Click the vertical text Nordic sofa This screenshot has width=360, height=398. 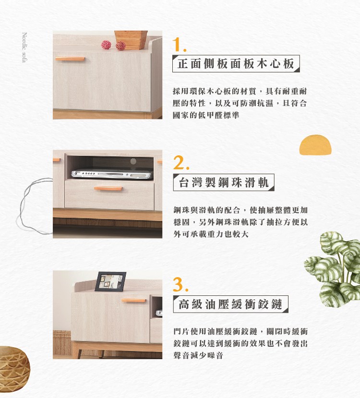24,47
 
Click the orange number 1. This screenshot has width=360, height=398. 179,45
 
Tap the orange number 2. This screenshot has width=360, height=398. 181,163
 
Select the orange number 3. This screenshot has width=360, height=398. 180,284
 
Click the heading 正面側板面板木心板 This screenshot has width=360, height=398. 236,63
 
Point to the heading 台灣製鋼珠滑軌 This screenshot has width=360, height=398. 224,182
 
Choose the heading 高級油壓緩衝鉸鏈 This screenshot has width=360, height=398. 230,304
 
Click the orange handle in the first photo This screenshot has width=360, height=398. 70,59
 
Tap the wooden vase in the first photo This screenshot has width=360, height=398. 131,40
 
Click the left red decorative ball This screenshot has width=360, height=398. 106,45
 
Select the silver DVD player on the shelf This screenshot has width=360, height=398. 112,174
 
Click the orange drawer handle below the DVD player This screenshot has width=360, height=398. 108,188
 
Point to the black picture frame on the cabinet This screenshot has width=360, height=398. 110,281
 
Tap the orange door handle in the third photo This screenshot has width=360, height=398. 133,300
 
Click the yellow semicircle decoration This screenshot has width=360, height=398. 315,145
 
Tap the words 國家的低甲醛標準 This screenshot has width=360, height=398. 206,115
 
